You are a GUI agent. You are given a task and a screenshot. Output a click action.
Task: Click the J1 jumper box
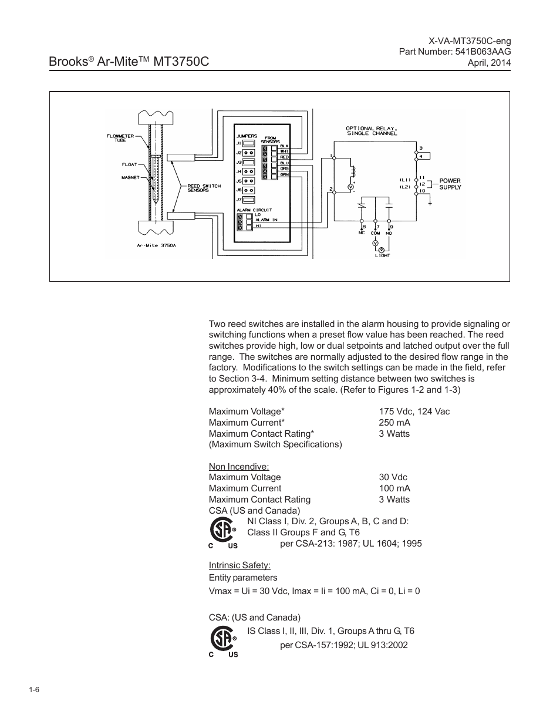pos(248,143)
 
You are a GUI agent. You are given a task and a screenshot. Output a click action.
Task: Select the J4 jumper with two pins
pos(248,171)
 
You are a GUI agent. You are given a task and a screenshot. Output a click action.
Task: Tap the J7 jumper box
pos(248,200)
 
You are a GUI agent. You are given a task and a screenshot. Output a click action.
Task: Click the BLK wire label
pos(284,146)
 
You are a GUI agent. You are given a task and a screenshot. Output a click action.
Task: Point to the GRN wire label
pos(284,174)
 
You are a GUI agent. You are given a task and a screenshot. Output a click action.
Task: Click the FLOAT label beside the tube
pos(129,164)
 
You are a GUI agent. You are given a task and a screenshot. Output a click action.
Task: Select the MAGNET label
pos(130,177)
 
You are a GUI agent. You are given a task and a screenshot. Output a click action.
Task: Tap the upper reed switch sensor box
pos(180,157)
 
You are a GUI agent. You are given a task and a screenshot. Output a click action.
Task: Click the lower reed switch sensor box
pos(180,215)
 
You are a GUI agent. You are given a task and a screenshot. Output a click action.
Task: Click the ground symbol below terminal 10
pos(430,203)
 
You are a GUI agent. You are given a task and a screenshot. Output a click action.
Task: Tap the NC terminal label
pos(362,233)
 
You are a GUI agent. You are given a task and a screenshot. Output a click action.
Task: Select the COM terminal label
pos(375,233)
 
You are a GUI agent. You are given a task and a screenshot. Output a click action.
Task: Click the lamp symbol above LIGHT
pos(382,249)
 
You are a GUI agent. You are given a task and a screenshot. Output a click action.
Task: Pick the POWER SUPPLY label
pos(450,184)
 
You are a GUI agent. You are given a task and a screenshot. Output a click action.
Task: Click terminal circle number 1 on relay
pos(334,158)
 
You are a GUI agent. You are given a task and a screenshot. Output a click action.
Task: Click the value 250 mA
pos(394,423)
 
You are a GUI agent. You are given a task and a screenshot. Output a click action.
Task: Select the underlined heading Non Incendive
pos(239,467)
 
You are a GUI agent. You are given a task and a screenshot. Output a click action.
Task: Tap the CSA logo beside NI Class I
pos(223,533)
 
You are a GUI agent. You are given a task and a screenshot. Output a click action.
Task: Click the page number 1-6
pos(34,690)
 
